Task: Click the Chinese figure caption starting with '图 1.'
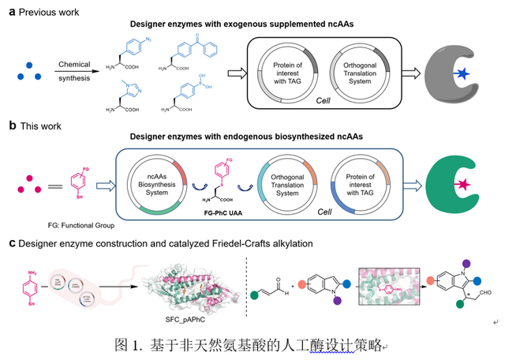point(249,344)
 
